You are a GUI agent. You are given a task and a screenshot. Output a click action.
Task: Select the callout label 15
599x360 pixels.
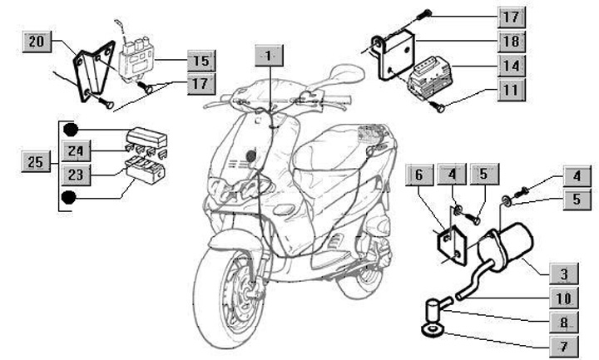(200, 61)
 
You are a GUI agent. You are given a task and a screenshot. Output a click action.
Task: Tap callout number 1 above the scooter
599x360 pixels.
(268, 55)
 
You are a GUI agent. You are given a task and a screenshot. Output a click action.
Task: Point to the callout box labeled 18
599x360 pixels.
(513, 41)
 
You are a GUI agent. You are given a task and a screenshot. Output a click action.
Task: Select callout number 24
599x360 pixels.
(77, 151)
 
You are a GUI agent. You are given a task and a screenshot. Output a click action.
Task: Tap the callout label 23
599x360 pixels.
(77, 175)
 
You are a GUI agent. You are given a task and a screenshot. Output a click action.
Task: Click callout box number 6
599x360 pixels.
(420, 175)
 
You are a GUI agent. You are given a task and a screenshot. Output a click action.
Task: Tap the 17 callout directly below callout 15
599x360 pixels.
(200, 83)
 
